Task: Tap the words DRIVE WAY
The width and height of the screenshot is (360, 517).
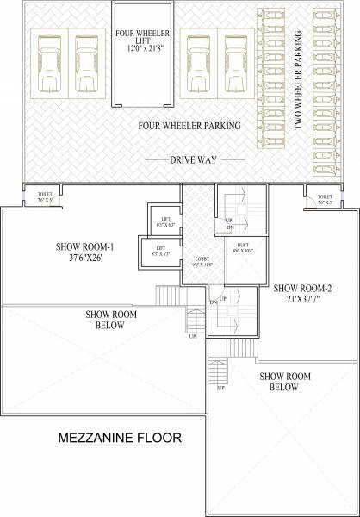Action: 193,159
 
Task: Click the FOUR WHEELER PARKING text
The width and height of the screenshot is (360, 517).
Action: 189,126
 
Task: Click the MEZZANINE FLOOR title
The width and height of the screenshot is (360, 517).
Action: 119,439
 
